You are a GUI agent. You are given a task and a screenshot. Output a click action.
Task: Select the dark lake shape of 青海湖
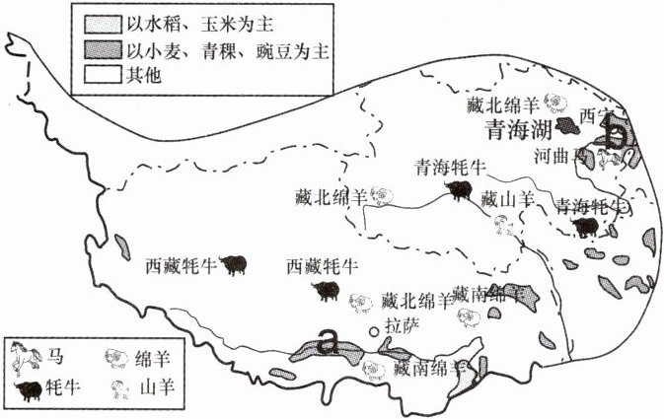569,127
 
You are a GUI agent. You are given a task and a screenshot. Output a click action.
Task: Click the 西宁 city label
596,115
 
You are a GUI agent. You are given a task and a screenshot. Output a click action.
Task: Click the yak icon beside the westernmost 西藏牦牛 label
234,264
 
